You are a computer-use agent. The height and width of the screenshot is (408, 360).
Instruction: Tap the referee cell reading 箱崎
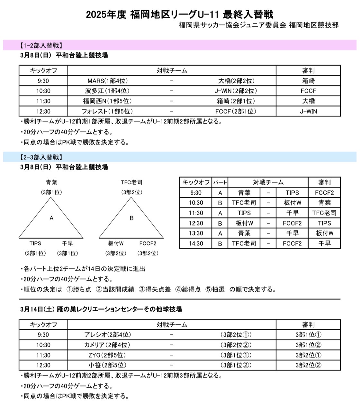click(x=308, y=81)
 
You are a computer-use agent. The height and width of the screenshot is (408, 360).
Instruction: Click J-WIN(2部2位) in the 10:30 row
click(x=236, y=91)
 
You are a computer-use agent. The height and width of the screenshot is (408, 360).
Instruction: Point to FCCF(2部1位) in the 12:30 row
click(x=236, y=111)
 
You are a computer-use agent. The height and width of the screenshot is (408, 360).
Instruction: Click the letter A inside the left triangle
click(x=51, y=218)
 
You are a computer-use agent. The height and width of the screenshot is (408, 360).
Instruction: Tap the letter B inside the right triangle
click(x=131, y=218)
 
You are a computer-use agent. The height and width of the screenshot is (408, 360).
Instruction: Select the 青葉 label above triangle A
click(x=51, y=182)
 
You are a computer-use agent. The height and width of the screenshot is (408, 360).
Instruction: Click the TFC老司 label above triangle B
click(x=131, y=182)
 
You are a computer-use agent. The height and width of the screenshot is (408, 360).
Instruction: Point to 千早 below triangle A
click(x=67, y=244)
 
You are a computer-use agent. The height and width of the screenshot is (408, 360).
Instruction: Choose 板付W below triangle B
click(x=116, y=244)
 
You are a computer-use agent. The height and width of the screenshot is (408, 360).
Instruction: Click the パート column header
click(x=220, y=182)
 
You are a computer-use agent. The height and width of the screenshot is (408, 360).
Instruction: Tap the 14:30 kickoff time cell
click(x=196, y=244)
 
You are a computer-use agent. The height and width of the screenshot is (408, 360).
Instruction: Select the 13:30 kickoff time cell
click(x=196, y=233)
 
